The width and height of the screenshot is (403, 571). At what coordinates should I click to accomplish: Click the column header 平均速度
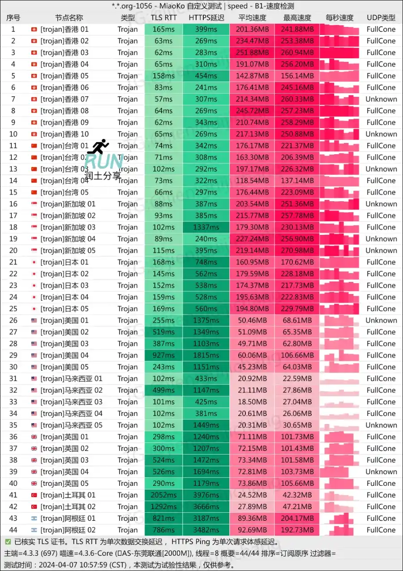coord(252,18)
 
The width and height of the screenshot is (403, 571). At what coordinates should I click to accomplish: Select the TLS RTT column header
coord(163,18)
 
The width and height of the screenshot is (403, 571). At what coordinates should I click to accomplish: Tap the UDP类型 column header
coord(381,18)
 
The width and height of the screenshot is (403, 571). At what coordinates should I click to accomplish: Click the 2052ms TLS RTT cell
coord(163,495)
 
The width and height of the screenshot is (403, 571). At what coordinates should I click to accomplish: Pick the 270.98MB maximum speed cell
coord(297,251)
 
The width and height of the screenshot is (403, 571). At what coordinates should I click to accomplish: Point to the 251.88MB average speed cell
coord(252,52)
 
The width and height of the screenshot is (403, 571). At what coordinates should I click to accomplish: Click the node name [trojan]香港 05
coord(64,76)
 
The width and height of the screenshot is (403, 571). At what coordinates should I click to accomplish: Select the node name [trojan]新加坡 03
coord(68,227)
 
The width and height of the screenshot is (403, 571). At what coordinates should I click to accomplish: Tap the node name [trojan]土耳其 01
coord(68,495)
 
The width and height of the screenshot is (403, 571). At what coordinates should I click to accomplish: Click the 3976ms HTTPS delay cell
coord(206,495)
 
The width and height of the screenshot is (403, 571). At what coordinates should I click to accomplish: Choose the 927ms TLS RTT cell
coord(163,355)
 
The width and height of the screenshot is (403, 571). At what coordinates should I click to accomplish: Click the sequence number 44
coord(13,530)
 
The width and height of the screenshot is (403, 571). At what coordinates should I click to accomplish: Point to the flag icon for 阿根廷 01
coord(34,519)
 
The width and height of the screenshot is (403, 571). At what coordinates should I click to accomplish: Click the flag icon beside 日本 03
coord(34,285)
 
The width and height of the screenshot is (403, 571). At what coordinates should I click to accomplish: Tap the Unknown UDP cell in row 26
coord(381,320)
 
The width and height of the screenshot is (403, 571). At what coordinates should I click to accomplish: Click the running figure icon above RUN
coord(101,146)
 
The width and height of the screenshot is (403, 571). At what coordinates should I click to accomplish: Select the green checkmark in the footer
coord(8,542)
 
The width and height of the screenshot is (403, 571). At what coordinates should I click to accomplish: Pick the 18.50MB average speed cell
coord(252,402)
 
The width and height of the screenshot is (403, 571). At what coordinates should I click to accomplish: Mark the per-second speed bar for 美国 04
coord(342,355)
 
